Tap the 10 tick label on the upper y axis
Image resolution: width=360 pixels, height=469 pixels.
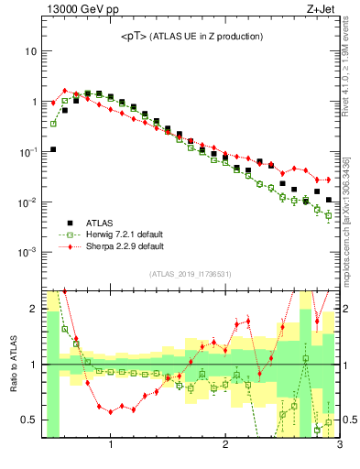[x=30, y=51]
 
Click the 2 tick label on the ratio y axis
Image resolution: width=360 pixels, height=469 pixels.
[x=33, y=309]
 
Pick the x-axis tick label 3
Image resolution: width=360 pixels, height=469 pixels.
[x=338, y=448]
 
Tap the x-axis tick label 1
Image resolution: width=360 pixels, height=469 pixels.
[x=111, y=448]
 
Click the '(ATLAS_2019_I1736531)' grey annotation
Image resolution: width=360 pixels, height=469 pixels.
[x=191, y=273]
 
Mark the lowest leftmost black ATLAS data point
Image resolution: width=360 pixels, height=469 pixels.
[x=53, y=149]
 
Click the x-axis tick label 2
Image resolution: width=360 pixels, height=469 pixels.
[x=225, y=448]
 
